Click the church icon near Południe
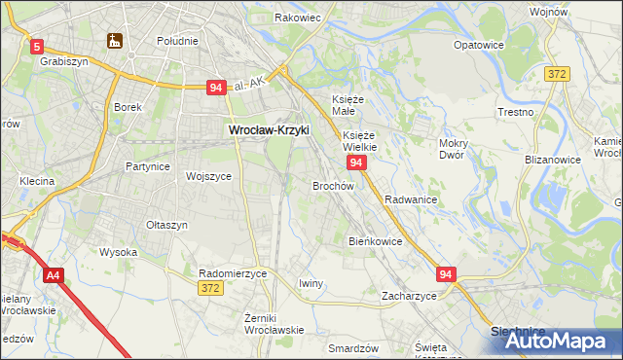tap(114, 41)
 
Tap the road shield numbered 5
tap(37, 46)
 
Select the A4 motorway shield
tap(53, 276)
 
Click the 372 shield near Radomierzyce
tap(210, 288)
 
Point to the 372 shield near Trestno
tap(557, 74)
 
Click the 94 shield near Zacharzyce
tap(446, 275)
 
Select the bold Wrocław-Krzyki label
tap(269, 128)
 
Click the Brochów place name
tap(332, 185)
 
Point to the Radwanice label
tap(410, 198)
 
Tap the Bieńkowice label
tap(375, 240)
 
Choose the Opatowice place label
tap(478, 45)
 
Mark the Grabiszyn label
tap(64, 60)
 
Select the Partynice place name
tap(148, 166)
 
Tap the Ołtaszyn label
tap(166, 225)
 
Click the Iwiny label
tap(311, 283)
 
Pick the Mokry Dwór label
tap(454, 149)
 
